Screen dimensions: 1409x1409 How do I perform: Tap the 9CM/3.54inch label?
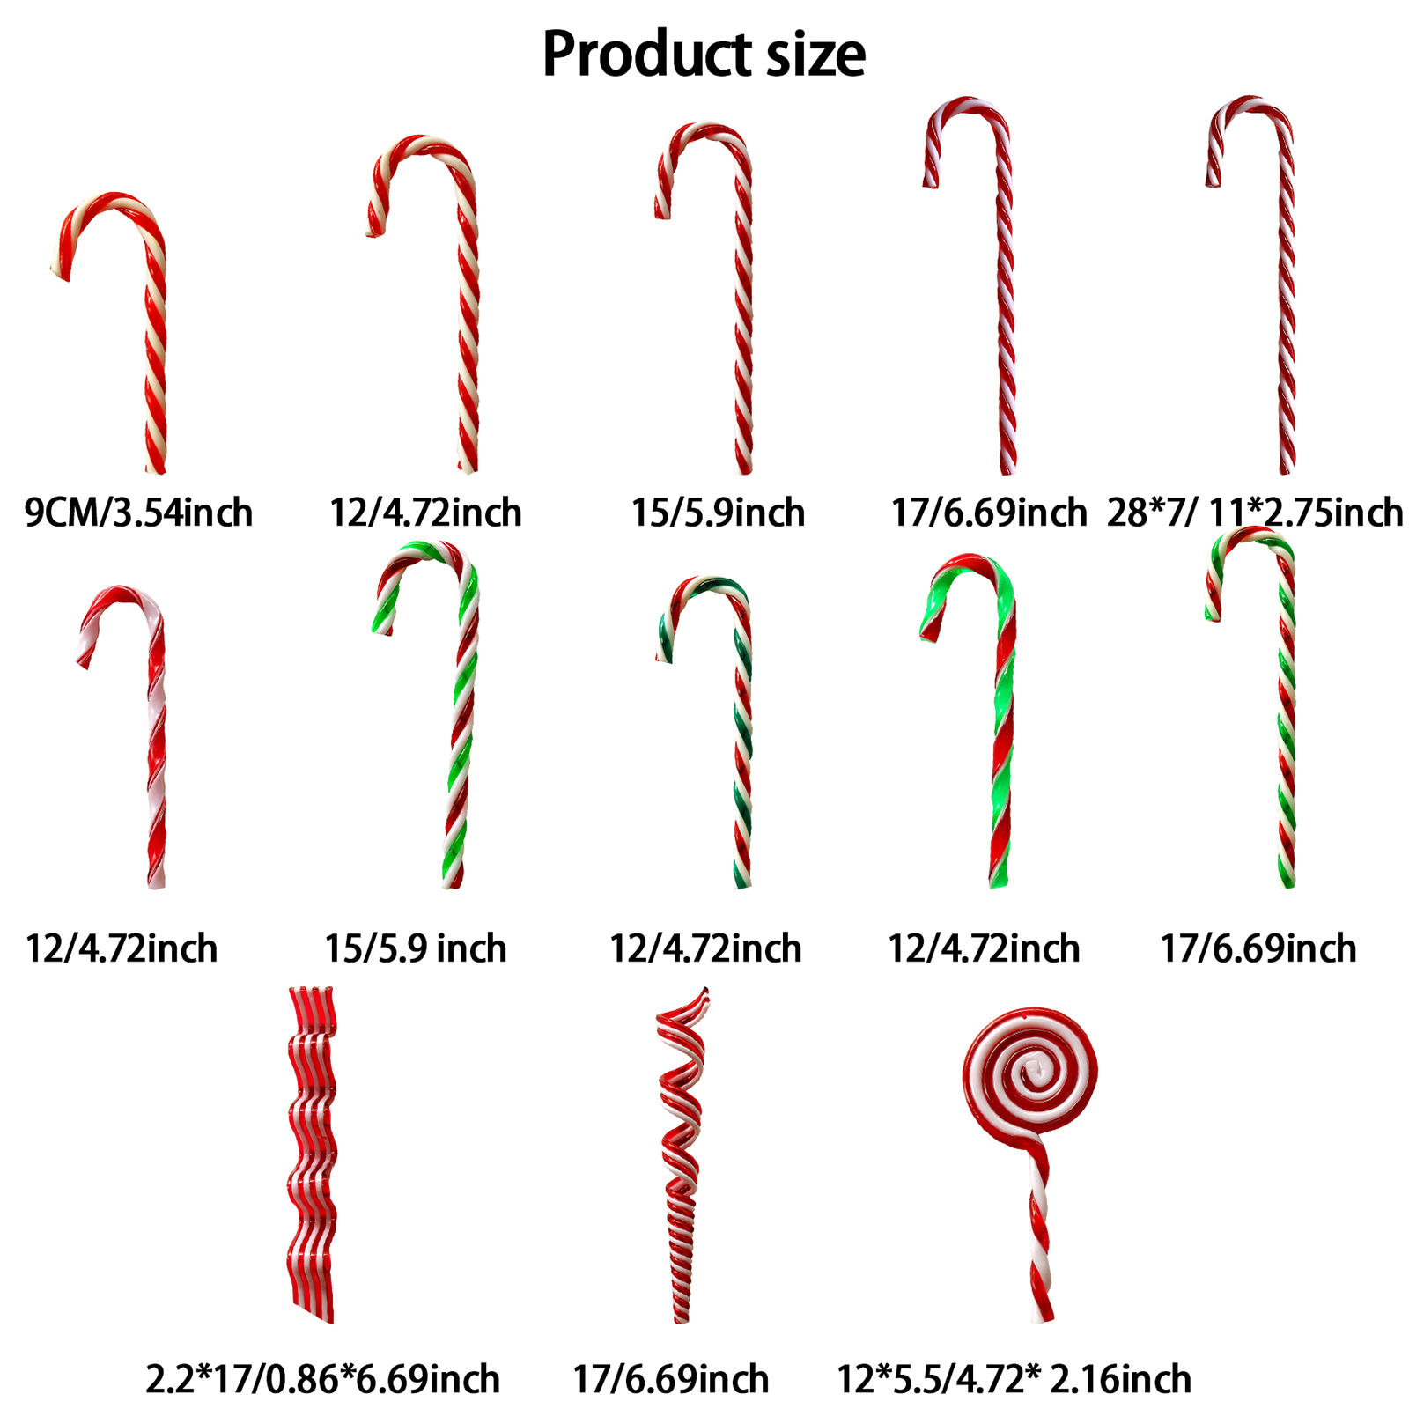click(138, 513)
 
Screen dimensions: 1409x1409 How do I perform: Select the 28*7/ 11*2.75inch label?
click(1254, 513)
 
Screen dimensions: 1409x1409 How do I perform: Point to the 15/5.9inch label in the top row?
click(718, 513)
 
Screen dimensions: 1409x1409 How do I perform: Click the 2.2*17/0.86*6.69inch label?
click(322, 1379)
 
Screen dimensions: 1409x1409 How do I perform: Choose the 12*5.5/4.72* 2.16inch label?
click(1014, 1379)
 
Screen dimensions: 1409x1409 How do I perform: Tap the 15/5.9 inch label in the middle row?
click(416, 948)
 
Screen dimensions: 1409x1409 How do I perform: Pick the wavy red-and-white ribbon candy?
click(313, 1154)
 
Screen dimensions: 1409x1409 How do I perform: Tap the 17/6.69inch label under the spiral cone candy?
click(671, 1379)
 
